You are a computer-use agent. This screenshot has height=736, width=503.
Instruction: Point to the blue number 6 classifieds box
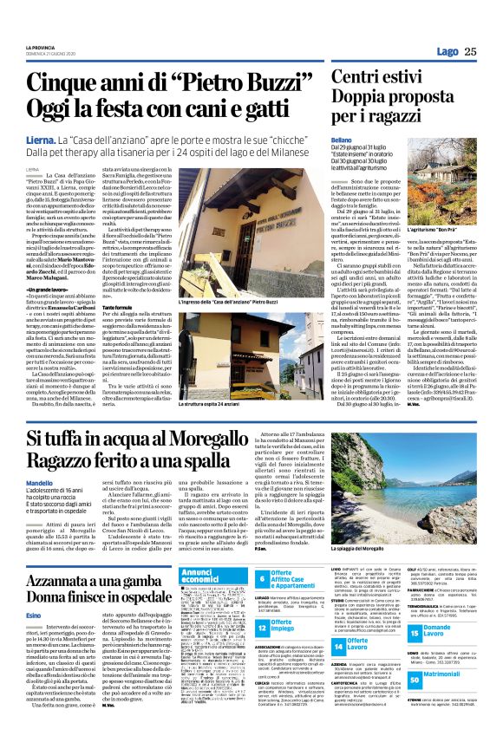pos(264,578)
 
